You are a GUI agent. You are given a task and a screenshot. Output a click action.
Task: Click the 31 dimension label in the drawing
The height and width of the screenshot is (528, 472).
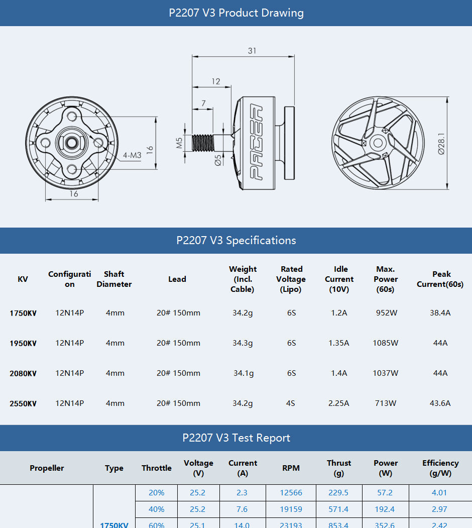point(252,51)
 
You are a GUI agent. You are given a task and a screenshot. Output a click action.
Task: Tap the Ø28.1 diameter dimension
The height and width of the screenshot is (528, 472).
point(441,144)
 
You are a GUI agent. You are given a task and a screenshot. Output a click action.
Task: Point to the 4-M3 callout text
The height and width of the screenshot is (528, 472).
point(132,155)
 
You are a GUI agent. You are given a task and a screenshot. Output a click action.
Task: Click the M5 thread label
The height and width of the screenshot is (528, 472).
point(179,143)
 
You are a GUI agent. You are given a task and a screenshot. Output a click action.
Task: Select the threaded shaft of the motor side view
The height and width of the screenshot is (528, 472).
point(203,142)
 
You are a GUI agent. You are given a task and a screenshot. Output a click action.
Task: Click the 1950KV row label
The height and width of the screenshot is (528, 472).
point(23,343)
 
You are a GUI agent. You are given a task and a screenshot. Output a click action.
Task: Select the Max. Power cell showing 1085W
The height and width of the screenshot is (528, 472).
point(386,343)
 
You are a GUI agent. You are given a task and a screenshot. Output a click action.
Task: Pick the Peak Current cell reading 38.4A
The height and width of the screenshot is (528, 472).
point(440,313)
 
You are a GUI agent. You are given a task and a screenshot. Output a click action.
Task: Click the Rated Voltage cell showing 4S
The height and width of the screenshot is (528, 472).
point(291,403)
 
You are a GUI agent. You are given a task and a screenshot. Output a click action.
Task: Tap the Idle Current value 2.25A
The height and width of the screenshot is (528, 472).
point(339,403)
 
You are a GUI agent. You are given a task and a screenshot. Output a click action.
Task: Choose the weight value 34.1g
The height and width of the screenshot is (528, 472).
point(244,373)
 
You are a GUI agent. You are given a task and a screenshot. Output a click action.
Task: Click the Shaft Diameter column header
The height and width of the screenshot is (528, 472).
point(114,279)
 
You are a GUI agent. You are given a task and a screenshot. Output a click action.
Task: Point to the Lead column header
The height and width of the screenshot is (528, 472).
point(177,279)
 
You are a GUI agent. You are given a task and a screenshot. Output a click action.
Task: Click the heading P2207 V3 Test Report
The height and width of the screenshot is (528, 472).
point(236,438)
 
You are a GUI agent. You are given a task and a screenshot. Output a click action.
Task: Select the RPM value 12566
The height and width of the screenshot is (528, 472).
point(291,493)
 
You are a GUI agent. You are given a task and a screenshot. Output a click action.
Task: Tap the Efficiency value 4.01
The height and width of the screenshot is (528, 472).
point(439,493)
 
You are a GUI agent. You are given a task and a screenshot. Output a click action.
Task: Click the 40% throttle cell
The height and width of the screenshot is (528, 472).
point(157,509)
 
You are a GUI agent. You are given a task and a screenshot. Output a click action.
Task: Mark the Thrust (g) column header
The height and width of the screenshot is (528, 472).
point(339,468)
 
